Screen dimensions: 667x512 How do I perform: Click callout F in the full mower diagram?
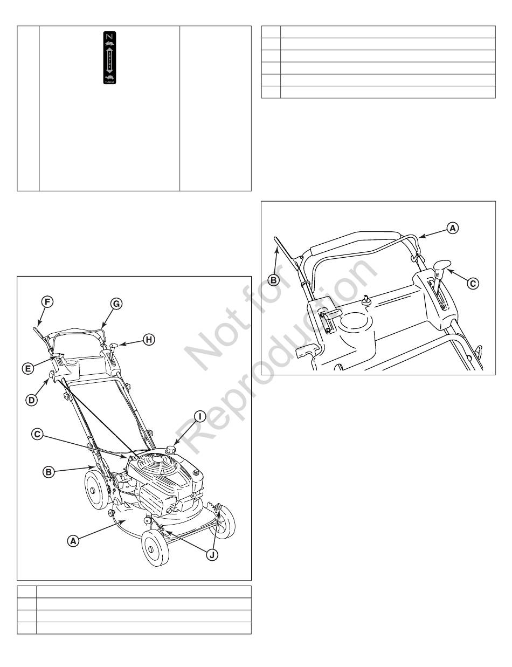click(47, 301)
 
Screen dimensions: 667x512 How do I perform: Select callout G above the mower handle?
click(115, 304)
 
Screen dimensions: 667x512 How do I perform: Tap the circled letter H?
click(149, 339)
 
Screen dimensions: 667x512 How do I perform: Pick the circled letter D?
click(33, 400)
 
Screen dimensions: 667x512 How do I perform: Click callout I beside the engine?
click(199, 416)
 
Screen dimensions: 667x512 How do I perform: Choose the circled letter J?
click(212, 555)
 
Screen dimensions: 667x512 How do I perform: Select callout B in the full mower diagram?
click(48, 472)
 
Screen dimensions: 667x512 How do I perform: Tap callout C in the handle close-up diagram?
click(473, 283)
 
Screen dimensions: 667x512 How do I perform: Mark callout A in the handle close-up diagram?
click(453, 228)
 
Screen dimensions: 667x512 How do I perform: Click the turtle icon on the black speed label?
click(109, 79)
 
